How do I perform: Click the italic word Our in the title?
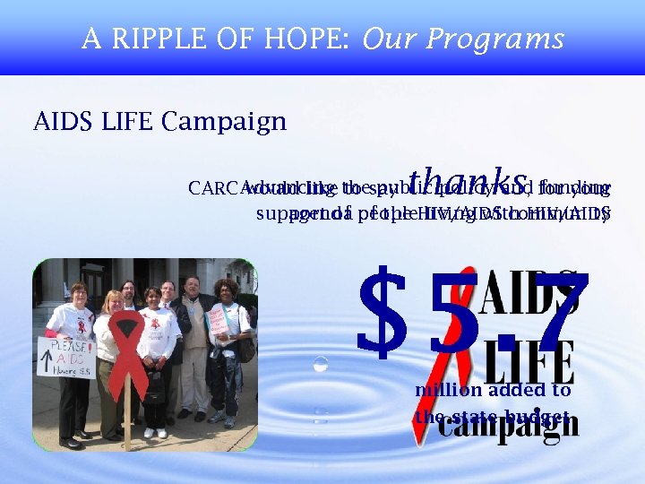391,39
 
